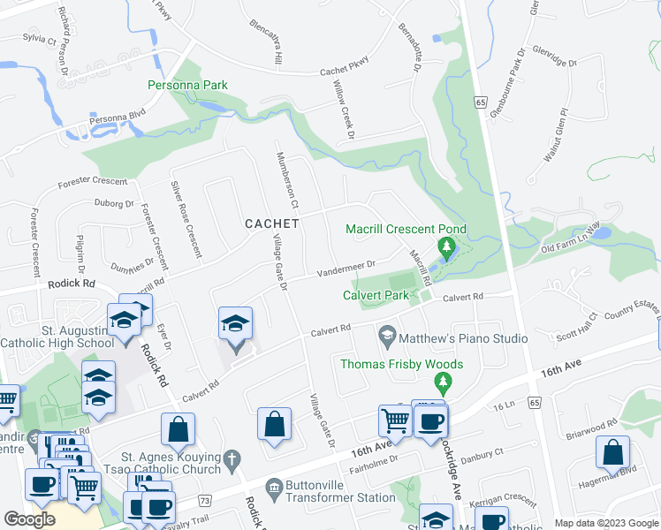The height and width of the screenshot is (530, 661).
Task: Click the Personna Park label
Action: coord(187,86)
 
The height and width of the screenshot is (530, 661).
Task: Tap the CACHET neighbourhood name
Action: coord(271,223)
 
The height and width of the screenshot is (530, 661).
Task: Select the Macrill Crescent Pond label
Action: coord(406,230)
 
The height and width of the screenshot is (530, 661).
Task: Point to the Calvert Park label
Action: coord(376,295)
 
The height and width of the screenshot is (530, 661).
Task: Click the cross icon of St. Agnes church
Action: coord(231,459)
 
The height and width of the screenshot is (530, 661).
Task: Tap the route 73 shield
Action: coord(206,501)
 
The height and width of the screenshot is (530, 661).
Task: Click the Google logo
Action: coord(29,519)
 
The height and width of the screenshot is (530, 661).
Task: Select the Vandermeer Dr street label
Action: coord(347,266)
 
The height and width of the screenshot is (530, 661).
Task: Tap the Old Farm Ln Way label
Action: coord(571,238)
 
